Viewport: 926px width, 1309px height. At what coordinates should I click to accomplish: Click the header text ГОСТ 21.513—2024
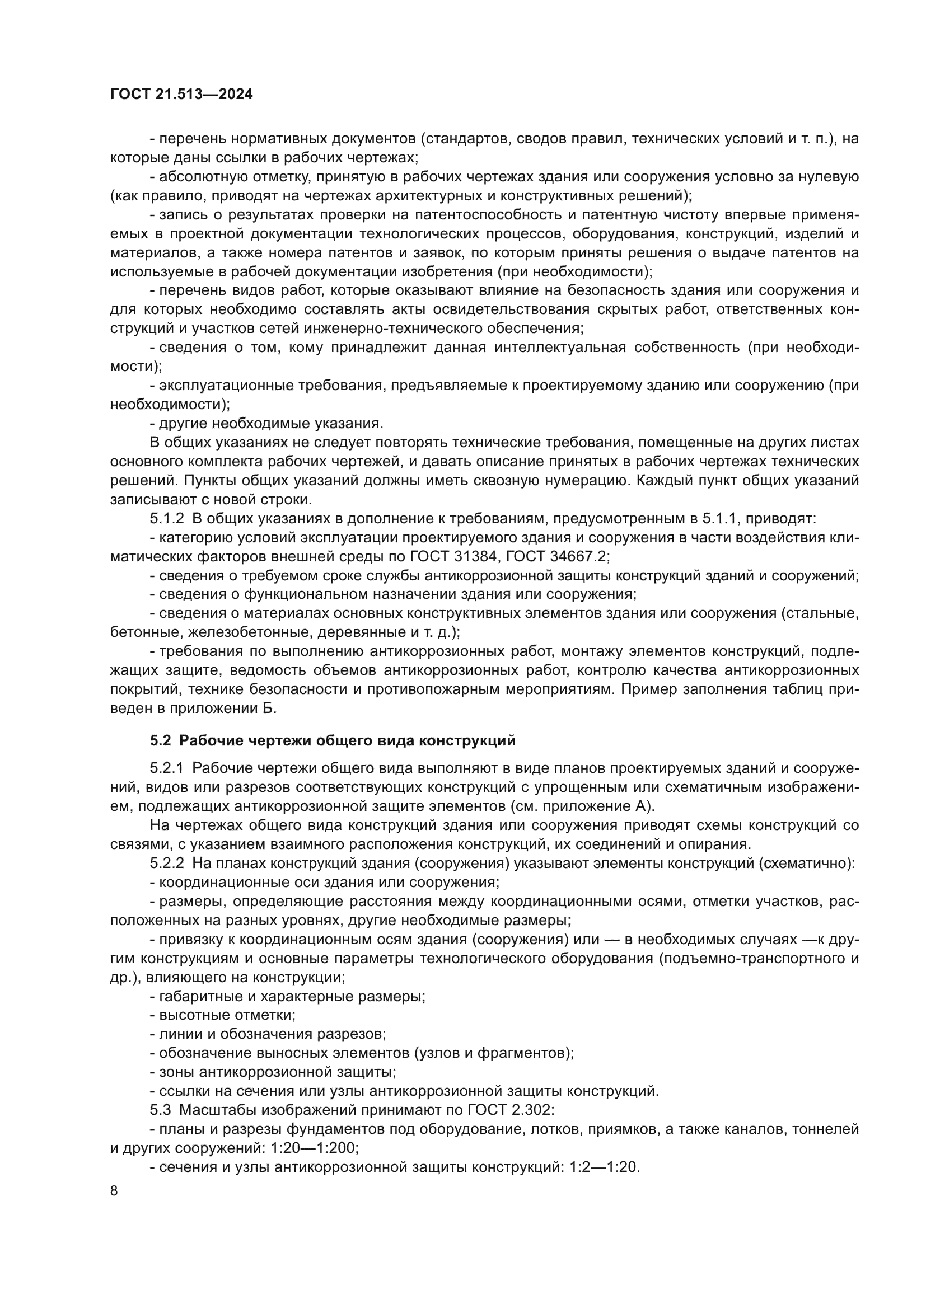click(x=181, y=95)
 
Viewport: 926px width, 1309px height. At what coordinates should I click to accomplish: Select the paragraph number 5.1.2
click(x=167, y=519)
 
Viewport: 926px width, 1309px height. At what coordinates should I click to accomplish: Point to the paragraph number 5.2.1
click(x=167, y=768)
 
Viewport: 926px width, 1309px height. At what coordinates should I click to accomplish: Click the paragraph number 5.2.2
click(x=167, y=864)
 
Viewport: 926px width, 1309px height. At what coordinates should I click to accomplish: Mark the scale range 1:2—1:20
click(x=604, y=1167)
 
